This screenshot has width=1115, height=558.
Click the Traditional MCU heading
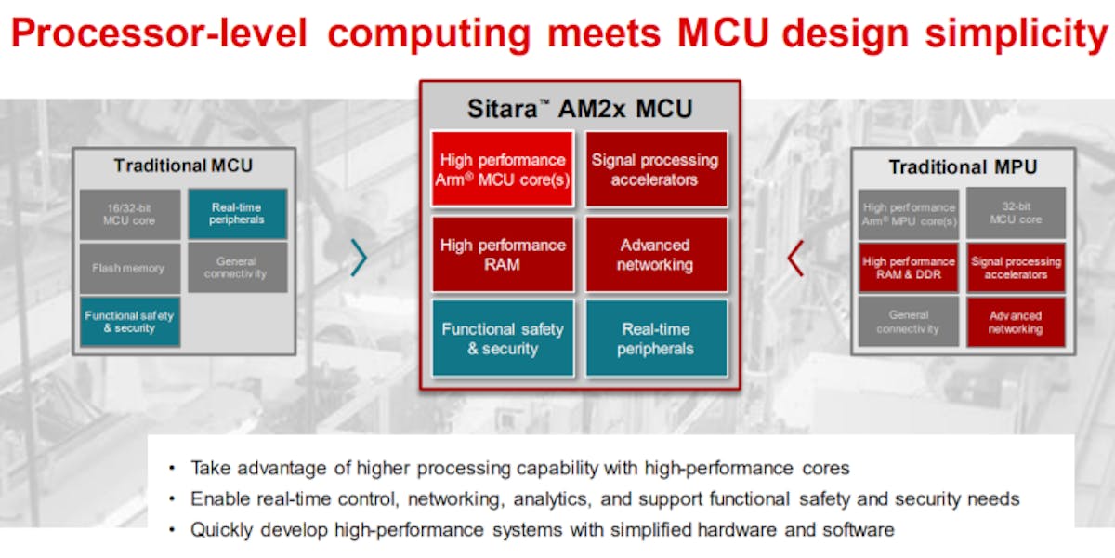(183, 166)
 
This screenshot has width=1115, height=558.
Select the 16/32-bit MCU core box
(129, 214)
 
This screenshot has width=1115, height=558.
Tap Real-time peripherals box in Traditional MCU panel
(237, 214)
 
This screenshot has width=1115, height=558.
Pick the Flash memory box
(129, 268)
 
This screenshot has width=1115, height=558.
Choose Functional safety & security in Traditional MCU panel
(129, 322)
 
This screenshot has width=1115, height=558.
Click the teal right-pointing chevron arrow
(359, 258)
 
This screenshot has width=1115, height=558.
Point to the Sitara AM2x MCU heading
(580, 108)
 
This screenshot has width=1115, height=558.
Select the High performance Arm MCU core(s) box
(502, 169)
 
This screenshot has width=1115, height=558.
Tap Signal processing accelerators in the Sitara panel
(655, 169)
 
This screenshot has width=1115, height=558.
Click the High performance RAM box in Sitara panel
(502, 255)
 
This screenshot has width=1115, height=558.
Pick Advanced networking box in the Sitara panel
(655, 255)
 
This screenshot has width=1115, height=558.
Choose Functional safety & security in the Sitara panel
(502, 339)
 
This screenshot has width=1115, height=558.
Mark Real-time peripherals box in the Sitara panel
(655, 339)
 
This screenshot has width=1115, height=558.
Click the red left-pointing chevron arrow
(794, 258)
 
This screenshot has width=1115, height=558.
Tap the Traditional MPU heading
(963, 167)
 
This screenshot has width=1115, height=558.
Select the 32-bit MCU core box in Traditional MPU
(1016, 214)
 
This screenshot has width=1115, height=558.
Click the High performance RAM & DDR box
(908, 268)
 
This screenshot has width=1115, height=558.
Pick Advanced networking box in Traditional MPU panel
(1016, 322)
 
